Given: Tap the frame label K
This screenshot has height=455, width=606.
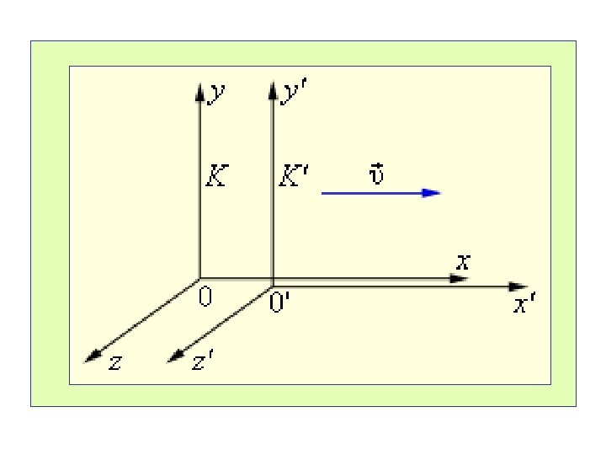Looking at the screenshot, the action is click(x=216, y=178).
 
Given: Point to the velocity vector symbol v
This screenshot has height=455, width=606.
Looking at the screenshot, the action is click(x=377, y=175).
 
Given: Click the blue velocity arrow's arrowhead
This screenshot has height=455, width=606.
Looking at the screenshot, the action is click(x=432, y=193).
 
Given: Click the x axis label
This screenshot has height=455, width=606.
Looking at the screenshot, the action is click(x=462, y=261).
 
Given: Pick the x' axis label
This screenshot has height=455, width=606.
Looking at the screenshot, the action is click(x=524, y=305).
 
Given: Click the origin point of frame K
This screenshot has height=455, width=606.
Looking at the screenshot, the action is click(x=199, y=278).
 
